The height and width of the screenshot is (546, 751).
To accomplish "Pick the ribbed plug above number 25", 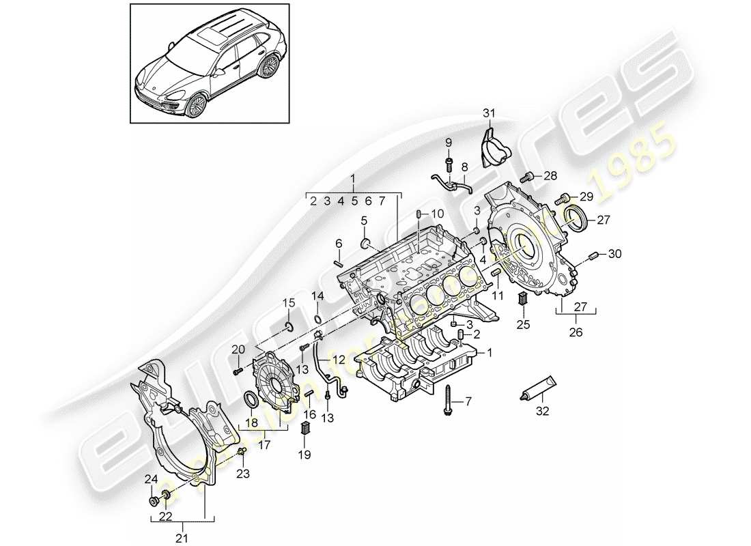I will (x=523, y=298).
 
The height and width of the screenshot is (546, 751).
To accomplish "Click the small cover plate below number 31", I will (x=491, y=145).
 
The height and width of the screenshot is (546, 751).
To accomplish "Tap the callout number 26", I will (x=578, y=332).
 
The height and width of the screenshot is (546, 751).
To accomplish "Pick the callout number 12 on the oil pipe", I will (x=339, y=359).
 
